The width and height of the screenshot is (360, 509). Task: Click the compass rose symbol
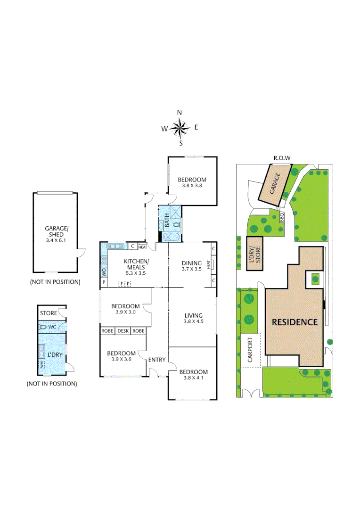click(180, 127)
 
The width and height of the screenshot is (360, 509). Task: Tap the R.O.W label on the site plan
click(282, 158)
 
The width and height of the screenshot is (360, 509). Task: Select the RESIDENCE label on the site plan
click(295, 322)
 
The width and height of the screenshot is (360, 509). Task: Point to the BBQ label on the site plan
click(282, 217)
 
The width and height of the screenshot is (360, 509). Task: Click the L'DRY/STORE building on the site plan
click(255, 253)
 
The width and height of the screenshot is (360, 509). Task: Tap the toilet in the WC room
click(43, 327)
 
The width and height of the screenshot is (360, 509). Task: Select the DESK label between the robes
click(123, 331)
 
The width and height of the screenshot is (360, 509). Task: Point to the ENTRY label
click(157, 360)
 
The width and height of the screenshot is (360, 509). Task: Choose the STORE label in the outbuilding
click(49, 313)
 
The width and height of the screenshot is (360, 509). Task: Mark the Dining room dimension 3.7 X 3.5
click(191, 270)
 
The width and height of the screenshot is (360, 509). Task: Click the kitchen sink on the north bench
click(115, 246)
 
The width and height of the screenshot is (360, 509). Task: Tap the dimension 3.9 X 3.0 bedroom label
click(125, 312)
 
